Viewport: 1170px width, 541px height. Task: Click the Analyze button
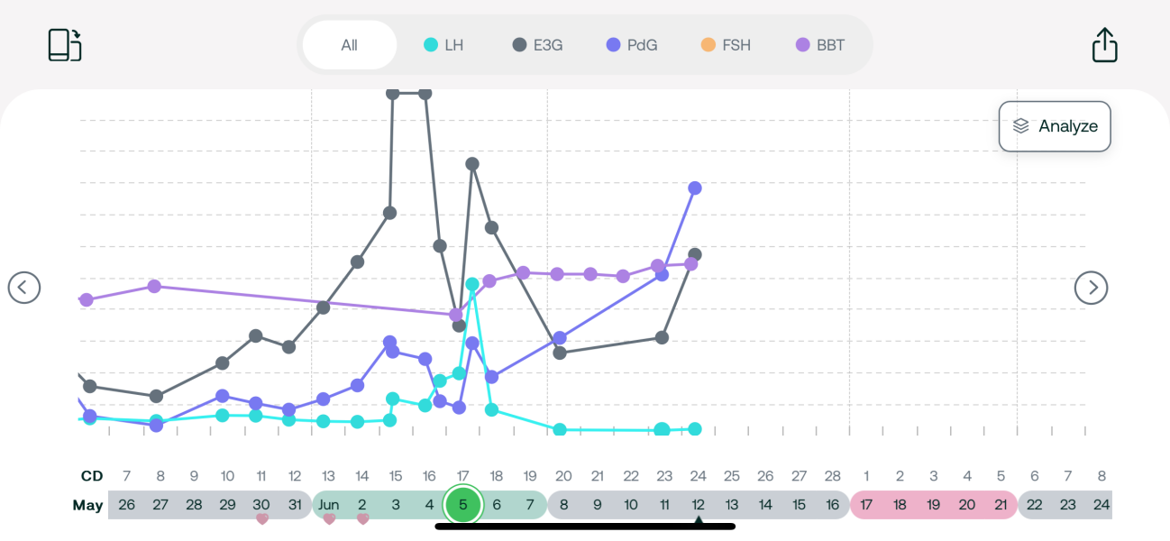click(1055, 126)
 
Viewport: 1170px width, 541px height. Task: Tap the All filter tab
click(350, 45)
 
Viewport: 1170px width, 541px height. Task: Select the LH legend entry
click(443, 45)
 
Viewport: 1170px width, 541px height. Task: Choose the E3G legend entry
click(538, 45)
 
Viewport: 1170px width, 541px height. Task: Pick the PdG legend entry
click(632, 45)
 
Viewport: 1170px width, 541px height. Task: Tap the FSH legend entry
click(725, 45)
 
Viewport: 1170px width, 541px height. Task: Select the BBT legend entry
click(820, 45)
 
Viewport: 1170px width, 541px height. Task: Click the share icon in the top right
click(1104, 45)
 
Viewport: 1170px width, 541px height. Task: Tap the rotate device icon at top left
click(65, 45)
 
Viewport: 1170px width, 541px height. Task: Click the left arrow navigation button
click(24, 288)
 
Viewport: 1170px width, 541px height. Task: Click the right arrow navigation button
click(1092, 288)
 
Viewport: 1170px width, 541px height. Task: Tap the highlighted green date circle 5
click(463, 505)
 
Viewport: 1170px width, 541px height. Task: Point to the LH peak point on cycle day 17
click(472, 284)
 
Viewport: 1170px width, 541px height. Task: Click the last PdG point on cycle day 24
click(695, 188)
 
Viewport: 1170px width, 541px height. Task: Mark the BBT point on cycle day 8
click(154, 286)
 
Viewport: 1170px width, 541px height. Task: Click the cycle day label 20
click(563, 476)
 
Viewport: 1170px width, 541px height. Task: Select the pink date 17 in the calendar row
click(866, 505)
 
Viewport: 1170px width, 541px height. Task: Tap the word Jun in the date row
click(328, 505)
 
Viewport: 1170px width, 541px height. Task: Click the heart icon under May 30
click(261, 519)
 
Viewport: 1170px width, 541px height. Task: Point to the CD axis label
click(92, 476)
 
